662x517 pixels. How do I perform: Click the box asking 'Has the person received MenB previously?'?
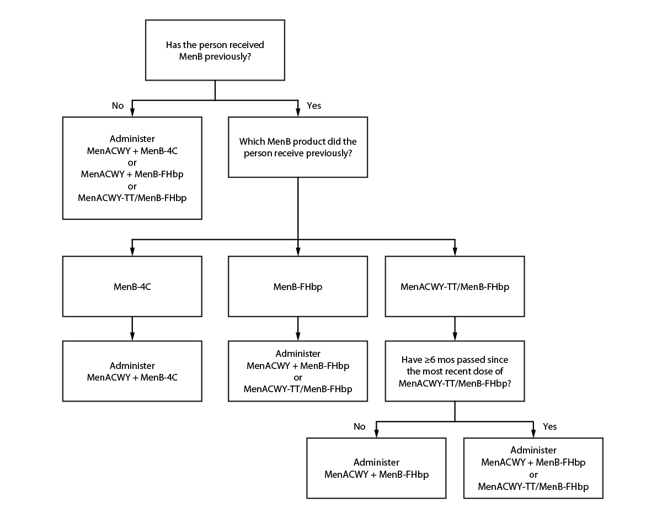[215, 50]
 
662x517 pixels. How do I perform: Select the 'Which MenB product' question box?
[298, 147]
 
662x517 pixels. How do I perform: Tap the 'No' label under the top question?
[118, 105]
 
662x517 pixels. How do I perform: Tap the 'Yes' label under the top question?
[314, 105]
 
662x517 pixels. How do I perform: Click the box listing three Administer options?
[132, 168]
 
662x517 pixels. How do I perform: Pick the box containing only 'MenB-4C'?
[132, 287]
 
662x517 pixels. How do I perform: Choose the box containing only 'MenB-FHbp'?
[298, 287]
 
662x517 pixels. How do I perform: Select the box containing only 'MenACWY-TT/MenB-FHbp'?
[455, 287]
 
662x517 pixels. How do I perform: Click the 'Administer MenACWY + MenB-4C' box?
[132, 371]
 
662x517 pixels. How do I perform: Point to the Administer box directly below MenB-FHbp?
[298, 371]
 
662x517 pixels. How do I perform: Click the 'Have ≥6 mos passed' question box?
[455, 371]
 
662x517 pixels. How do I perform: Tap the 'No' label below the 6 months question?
[359, 426]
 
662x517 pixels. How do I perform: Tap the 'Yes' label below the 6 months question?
[550, 426]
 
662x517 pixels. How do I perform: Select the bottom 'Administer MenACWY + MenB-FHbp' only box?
[376, 468]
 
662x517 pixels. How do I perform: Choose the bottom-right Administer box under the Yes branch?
[533, 468]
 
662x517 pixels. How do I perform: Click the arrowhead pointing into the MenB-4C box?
[132, 252]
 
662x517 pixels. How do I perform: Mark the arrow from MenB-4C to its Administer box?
[132, 329]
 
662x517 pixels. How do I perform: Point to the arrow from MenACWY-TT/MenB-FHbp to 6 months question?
[455, 329]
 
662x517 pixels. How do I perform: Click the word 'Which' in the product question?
[251, 141]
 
